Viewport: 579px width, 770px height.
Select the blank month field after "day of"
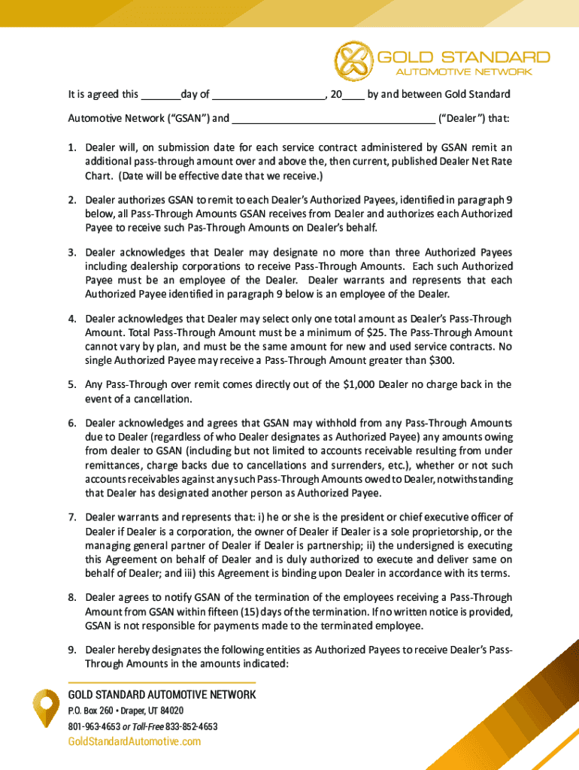pos(268,95)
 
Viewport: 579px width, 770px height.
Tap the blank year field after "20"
pos(355,95)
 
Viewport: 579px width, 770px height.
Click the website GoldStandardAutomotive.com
pos(135,742)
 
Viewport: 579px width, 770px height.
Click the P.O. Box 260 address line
pos(126,711)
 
